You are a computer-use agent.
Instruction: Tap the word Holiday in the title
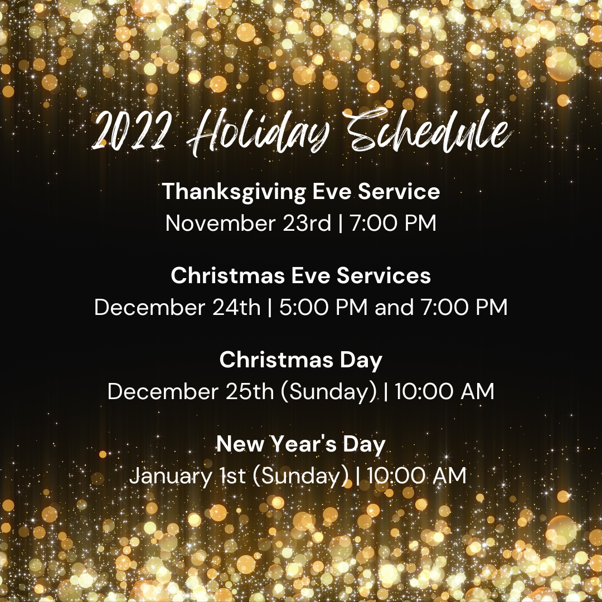(x=258, y=133)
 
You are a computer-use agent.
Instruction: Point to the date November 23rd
(x=248, y=223)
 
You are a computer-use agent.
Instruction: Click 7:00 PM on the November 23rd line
(x=394, y=223)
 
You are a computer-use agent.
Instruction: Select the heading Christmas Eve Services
(x=301, y=275)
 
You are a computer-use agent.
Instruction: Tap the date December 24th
(x=177, y=307)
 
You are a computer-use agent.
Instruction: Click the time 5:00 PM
(x=324, y=307)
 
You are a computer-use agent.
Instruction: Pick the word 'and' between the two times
(x=394, y=307)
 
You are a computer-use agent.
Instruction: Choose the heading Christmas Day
(x=301, y=360)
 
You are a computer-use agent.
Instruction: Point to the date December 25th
(x=191, y=391)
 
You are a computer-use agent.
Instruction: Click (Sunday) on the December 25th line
(x=329, y=392)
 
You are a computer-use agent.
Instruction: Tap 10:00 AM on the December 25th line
(x=445, y=391)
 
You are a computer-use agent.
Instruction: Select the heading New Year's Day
(x=301, y=444)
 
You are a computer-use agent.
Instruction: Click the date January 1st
(x=188, y=475)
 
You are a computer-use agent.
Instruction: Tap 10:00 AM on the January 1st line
(x=417, y=475)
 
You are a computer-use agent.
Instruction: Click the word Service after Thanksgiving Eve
(x=399, y=191)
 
